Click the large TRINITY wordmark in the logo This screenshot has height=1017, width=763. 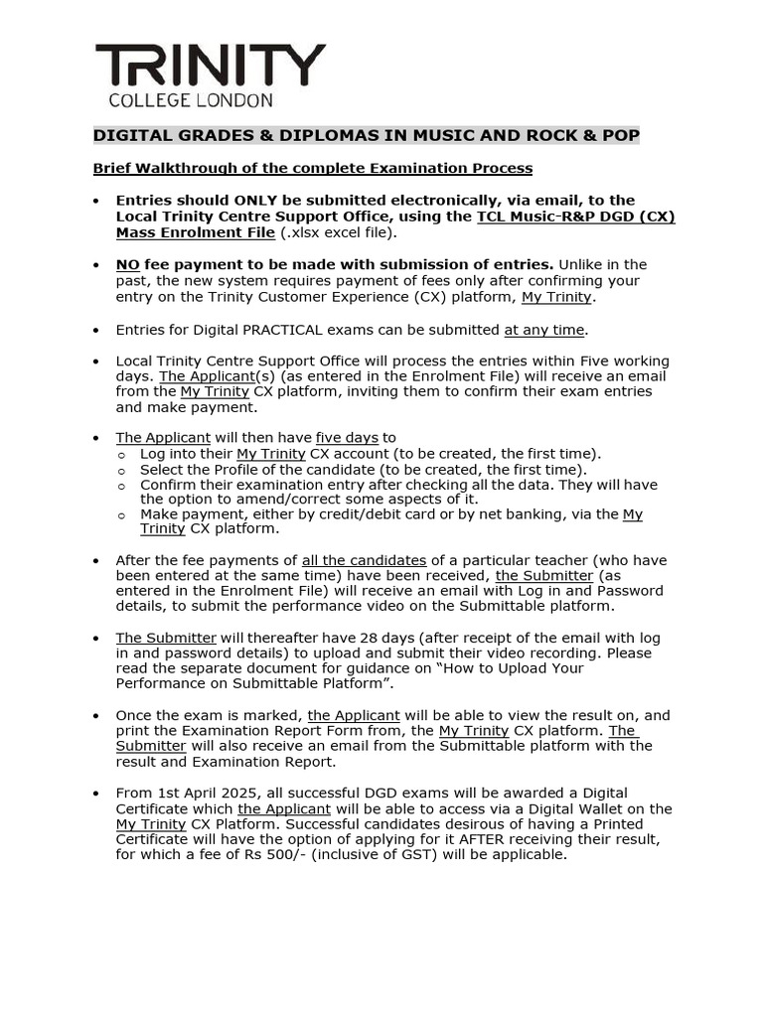210,67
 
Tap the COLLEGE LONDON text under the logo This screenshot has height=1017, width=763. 190,100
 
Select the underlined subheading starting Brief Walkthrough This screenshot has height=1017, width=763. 313,168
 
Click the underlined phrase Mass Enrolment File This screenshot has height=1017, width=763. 195,232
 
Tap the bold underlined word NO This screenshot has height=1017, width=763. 127,264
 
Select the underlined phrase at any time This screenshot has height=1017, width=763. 545,330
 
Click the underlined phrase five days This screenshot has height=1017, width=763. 347,437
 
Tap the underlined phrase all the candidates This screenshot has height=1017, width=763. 364,560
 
